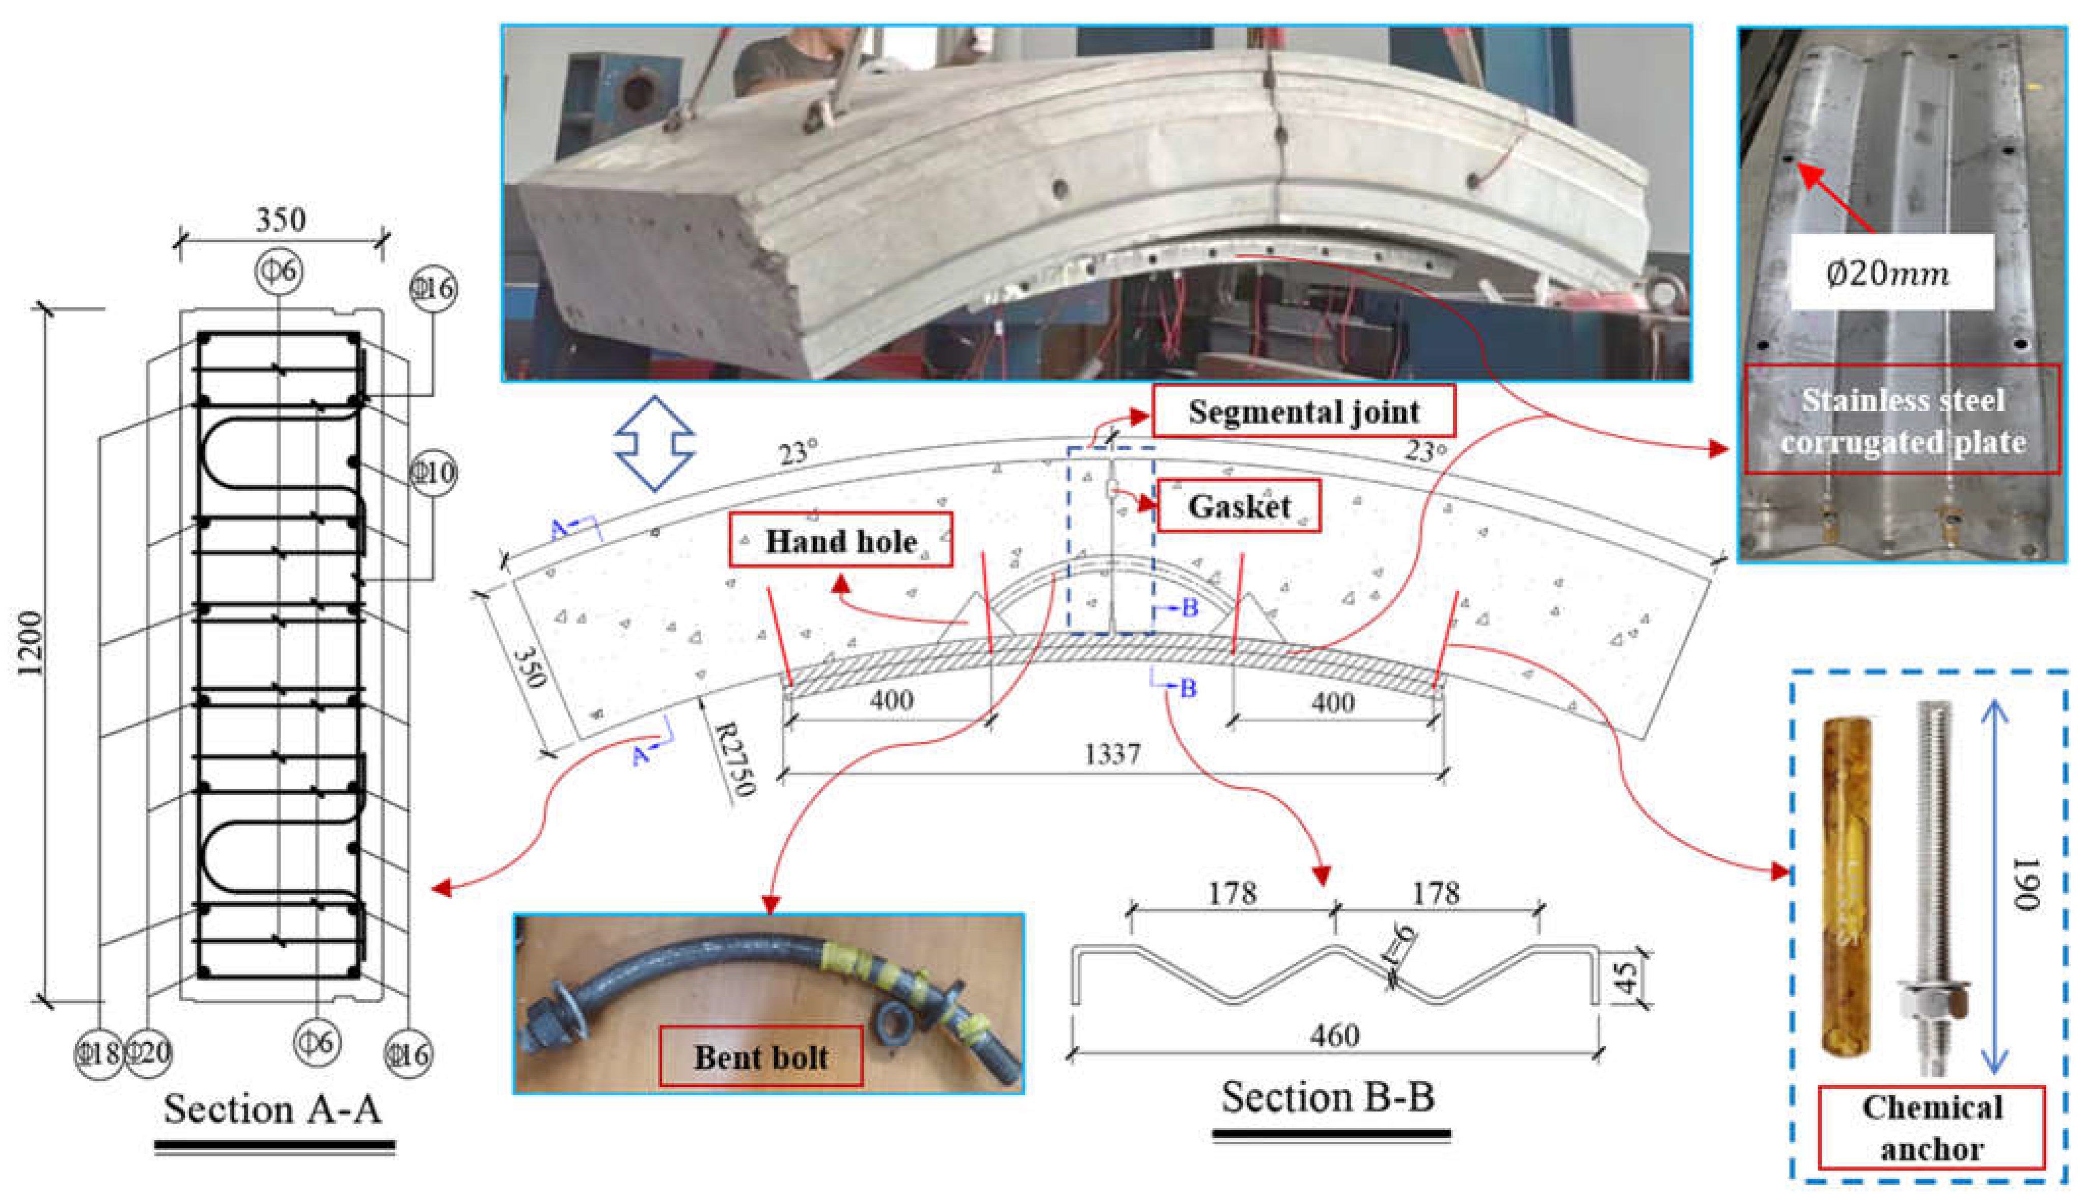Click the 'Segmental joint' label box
(1304, 411)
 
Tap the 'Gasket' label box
(1239, 506)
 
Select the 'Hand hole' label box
(840, 540)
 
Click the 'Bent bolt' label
(761, 1056)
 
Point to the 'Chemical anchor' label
(1932, 1128)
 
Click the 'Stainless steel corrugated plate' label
(1902, 420)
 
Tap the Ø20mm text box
(1890, 272)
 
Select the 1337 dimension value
(1112, 753)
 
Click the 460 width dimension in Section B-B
(1334, 1036)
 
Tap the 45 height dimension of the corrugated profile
(1628, 976)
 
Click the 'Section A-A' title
(273, 1109)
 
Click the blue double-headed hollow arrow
(654, 443)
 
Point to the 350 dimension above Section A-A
(281, 219)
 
